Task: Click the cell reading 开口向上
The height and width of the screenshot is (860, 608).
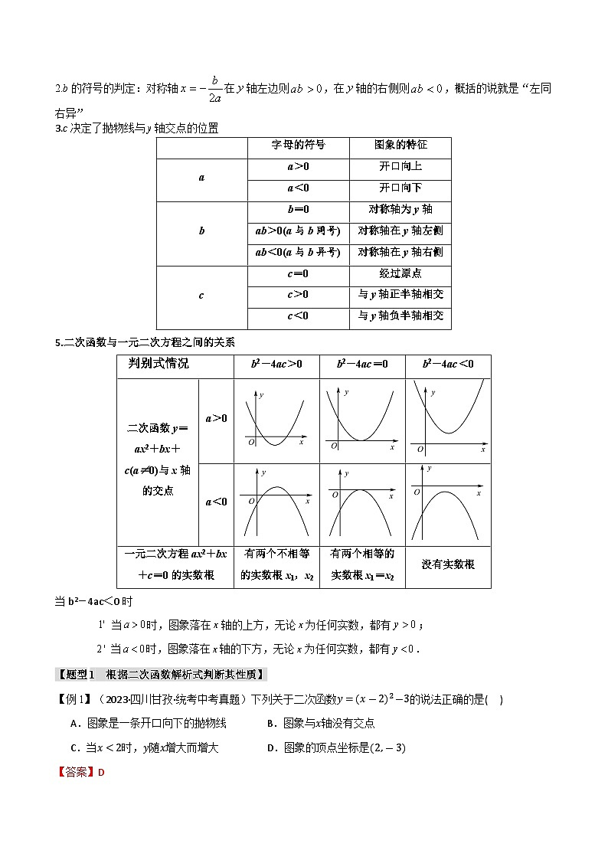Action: (x=400, y=166)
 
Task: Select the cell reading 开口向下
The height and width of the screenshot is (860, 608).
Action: (x=400, y=188)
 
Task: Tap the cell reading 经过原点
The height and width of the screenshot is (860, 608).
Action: (x=400, y=273)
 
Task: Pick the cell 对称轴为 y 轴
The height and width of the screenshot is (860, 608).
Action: (x=400, y=209)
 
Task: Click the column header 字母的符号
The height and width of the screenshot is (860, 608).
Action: (x=299, y=145)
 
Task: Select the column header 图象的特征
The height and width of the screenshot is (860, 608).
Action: (x=400, y=145)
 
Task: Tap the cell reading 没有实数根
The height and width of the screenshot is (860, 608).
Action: (x=448, y=564)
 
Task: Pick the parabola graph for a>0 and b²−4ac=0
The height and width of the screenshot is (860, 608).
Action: (x=361, y=420)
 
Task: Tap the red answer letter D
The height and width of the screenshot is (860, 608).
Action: (x=100, y=772)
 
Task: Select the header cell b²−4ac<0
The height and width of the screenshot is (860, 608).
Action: (x=448, y=365)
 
